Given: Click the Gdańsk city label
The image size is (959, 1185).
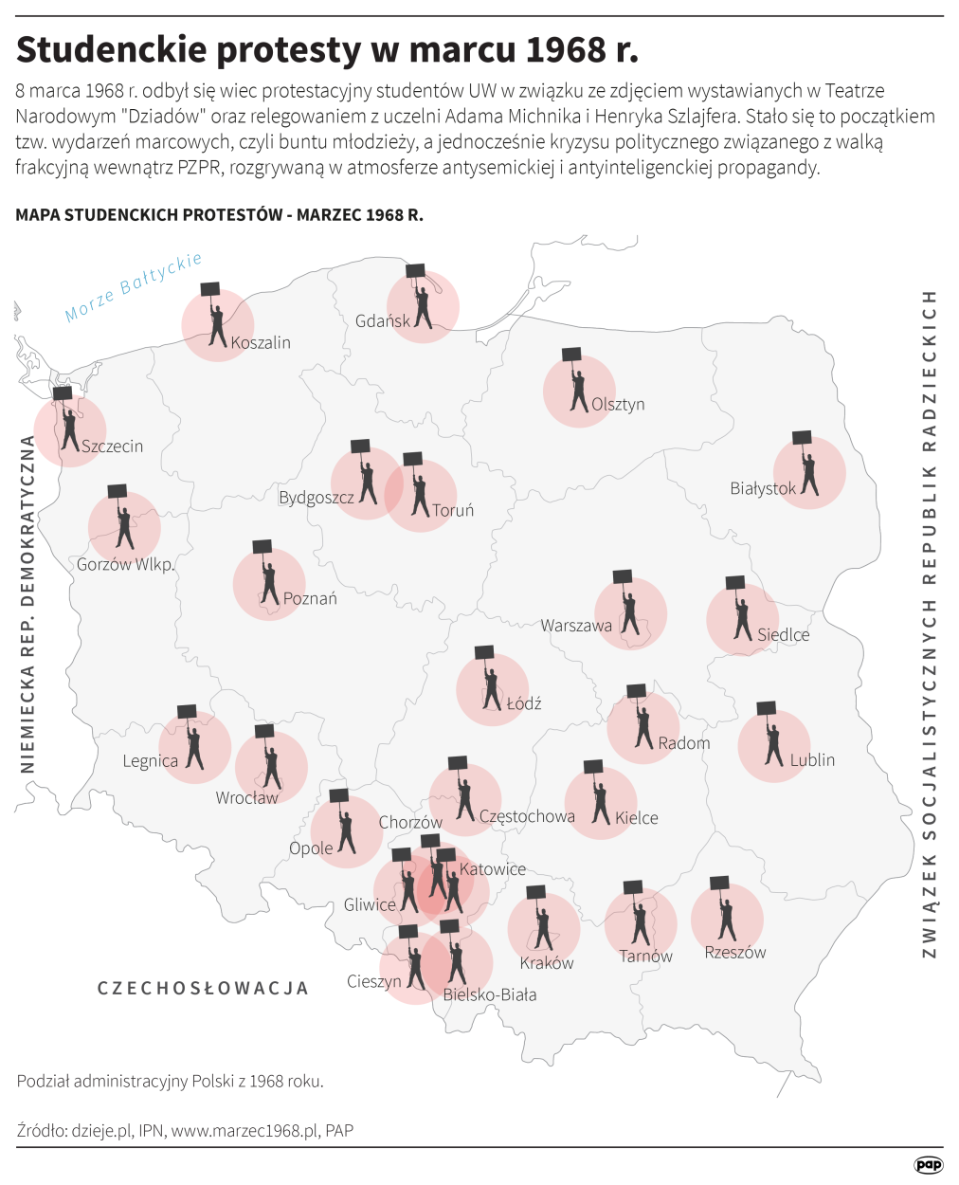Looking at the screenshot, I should [x=383, y=321].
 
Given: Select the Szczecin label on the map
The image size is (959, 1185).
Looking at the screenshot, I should [x=112, y=446].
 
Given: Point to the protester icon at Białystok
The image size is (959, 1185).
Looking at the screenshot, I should [x=807, y=469].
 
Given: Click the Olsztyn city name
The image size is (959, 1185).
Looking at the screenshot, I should [x=618, y=404].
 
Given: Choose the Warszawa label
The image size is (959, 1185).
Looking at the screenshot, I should [x=576, y=626].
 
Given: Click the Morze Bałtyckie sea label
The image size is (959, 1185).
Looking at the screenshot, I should [x=134, y=286].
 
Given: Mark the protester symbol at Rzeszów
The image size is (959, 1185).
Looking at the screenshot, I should [x=726, y=916].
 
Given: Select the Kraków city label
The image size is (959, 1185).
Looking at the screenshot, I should [x=547, y=963].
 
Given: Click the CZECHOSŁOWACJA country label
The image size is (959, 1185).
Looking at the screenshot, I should [x=204, y=988].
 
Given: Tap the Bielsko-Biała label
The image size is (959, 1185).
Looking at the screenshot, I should [x=490, y=994].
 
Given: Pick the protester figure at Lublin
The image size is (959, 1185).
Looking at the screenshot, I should [x=772, y=742].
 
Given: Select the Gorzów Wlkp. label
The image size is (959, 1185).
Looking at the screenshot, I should [x=126, y=565].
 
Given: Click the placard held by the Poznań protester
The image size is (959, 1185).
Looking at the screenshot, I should [x=262, y=547].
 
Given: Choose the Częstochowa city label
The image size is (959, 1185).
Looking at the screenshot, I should [x=527, y=816].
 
